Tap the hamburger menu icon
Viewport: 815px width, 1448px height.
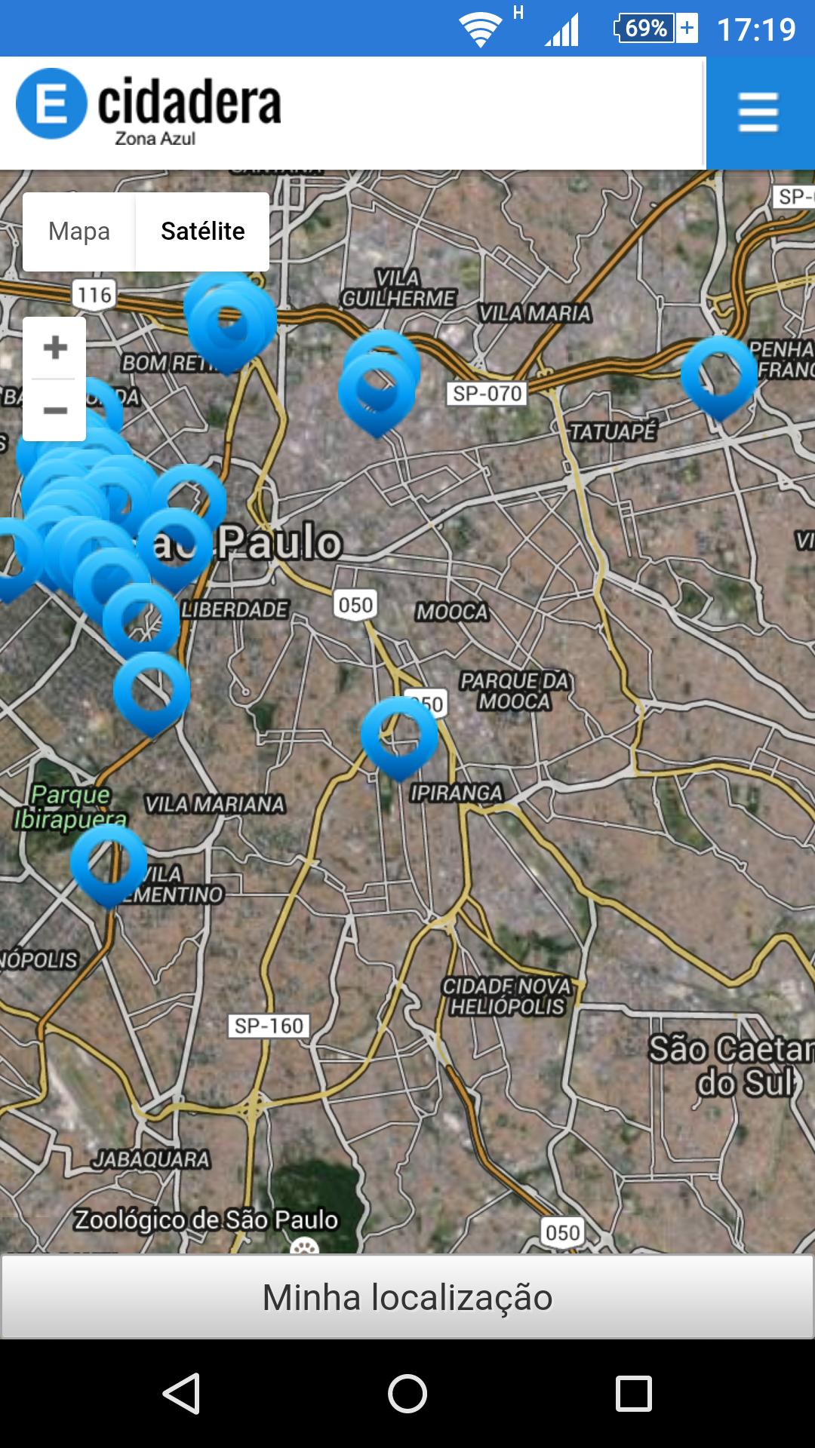(758, 112)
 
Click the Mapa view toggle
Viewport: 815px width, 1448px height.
(79, 232)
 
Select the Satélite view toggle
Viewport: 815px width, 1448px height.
(202, 232)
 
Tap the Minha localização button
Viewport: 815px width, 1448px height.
(407, 1297)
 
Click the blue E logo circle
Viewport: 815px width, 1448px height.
(51, 104)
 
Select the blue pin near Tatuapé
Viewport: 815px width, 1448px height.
(718, 375)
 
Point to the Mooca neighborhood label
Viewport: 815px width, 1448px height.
(452, 612)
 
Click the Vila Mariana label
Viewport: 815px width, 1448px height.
(215, 805)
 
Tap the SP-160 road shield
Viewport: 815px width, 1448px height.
(269, 1026)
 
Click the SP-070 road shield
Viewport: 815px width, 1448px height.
(487, 394)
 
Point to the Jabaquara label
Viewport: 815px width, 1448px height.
(151, 1159)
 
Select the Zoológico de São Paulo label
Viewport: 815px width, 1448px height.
(206, 1219)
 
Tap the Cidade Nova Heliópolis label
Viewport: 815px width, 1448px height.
(506, 996)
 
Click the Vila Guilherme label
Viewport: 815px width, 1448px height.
(398, 288)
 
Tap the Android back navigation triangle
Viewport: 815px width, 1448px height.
(182, 1393)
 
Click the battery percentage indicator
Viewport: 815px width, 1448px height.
(646, 29)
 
